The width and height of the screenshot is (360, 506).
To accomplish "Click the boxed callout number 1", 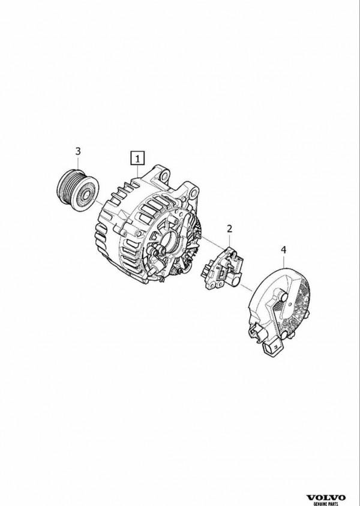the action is [x=138, y=158].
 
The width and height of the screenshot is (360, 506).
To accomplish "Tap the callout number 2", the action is [x=229, y=229].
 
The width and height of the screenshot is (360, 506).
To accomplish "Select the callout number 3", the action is [x=78, y=151].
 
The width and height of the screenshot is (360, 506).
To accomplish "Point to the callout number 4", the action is [x=284, y=250].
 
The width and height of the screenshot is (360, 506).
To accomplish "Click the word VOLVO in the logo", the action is [x=326, y=497].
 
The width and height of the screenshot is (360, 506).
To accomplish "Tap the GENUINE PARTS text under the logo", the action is [x=326, y=504].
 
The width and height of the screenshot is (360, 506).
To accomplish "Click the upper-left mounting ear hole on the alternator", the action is [x=165, y=176].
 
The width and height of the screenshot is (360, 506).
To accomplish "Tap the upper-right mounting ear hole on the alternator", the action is [x=193, y=194].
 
